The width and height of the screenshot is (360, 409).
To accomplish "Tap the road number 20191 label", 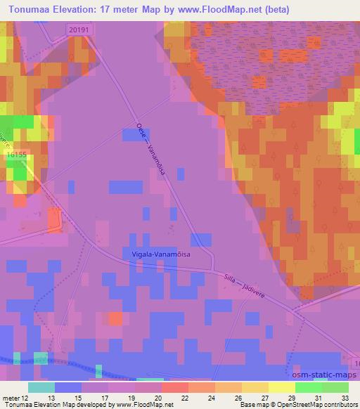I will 79,28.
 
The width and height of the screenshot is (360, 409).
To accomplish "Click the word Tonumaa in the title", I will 33,9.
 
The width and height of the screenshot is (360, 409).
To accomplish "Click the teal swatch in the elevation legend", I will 41,387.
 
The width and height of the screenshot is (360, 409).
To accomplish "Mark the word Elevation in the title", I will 85,9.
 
